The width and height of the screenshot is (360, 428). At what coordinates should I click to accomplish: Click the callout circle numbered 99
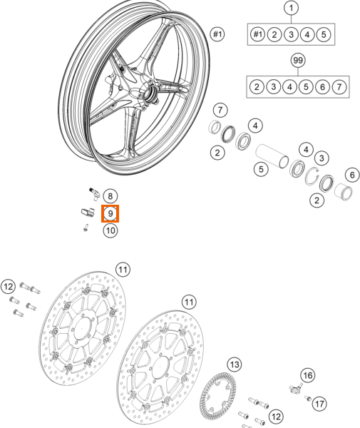click(x=298, y=61)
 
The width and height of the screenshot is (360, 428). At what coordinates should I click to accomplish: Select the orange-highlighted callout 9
click(x=110, y=213)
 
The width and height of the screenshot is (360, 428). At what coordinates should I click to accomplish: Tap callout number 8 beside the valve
click(x=110, y=196)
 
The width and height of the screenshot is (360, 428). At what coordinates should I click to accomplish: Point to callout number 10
click(x=110, y=230)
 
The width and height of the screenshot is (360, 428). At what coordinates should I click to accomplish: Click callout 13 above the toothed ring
click(x=235, y=365)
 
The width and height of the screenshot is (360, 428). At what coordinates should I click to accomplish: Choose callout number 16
click(x=308, y=375)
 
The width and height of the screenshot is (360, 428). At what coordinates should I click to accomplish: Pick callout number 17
click(x=319, y=404)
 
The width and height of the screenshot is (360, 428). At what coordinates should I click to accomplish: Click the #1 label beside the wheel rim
click(x=217, y=34)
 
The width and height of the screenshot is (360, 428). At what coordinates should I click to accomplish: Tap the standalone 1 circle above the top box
click(x=292, y=8)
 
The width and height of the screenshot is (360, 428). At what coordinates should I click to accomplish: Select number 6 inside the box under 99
click(x=322, y=87)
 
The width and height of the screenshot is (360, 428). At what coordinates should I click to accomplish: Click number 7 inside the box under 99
click(x=339, y=87)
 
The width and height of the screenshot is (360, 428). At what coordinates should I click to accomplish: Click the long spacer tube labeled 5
click(x=272, y=156)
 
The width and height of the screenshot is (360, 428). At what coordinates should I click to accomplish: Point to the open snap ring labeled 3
click(x=312, y=175)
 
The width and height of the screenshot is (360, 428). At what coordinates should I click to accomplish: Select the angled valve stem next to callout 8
click(x=94, y=193)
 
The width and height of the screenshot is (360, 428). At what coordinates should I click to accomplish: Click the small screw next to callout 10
click(x=86, y=228)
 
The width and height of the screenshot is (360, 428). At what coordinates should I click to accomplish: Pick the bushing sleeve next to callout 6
click(x=344, y=192)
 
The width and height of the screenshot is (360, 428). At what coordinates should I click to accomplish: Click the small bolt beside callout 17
click(x=308, y=398)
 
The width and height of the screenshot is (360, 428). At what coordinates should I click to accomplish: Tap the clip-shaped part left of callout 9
click(x=87, y=212)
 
